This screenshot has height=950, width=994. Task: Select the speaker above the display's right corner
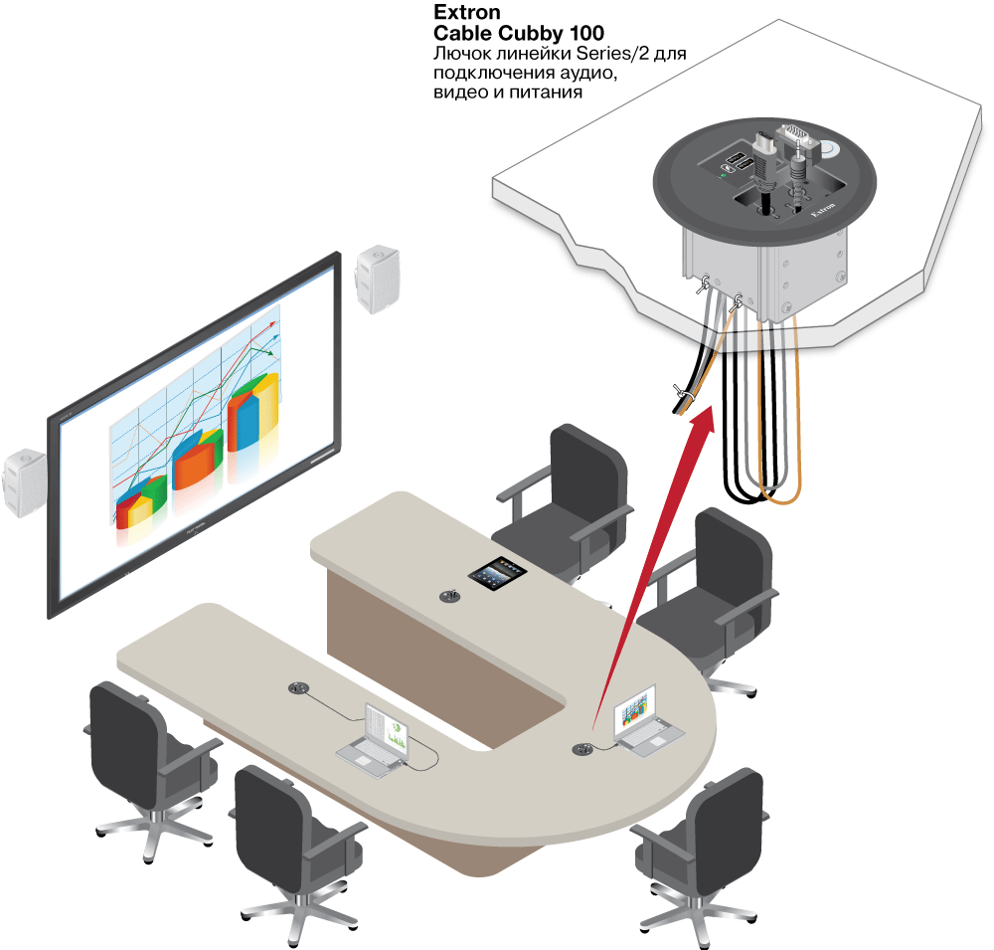click(x=379, y=279)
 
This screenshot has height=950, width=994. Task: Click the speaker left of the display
click(x=24, y=482)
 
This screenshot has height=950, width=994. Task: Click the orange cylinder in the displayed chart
click(x=196, y=462)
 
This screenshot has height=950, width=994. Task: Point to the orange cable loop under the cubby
click(x=785, y=477)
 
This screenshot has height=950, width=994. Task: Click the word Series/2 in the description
click(x=633, y=54)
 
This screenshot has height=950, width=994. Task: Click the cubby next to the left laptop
click(x=297, y=687)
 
